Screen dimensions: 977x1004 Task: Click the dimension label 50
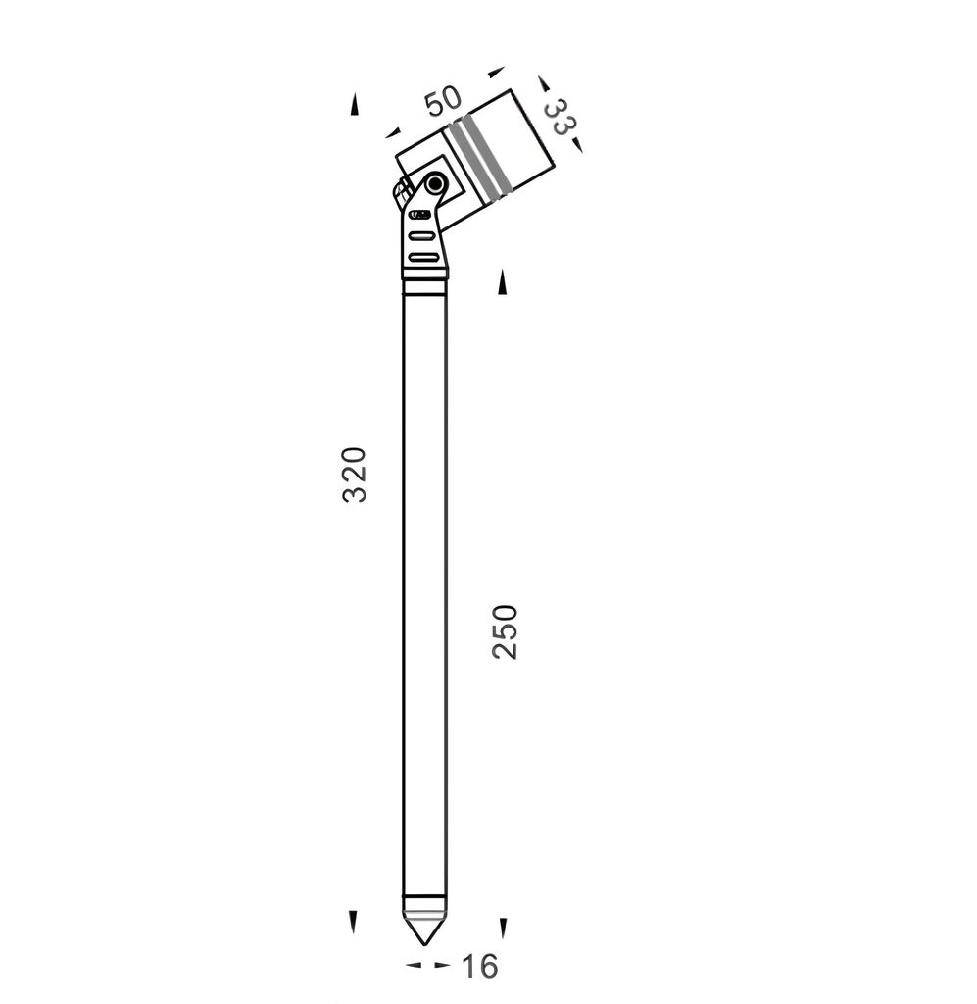pyautogui.click(x=443, y=101)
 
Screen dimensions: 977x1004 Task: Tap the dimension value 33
pyautogui.click(x=560, y=117)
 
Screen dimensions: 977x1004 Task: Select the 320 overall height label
pyautogui.click(x=355, y=475)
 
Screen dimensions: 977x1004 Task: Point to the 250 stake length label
pyautogui.click(x=505, y=631)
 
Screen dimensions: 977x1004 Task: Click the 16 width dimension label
pyautogui.click(x=479, y=966)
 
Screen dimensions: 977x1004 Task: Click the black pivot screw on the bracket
pyautogui.click(x=436, y=184)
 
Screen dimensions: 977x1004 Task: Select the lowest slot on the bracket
pyautogui.click(x=423, y=258)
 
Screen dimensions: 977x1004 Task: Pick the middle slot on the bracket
pyautogui.click(x=422, y=236)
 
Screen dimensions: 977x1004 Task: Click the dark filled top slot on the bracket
pyautogui.click(x=420, y=215)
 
